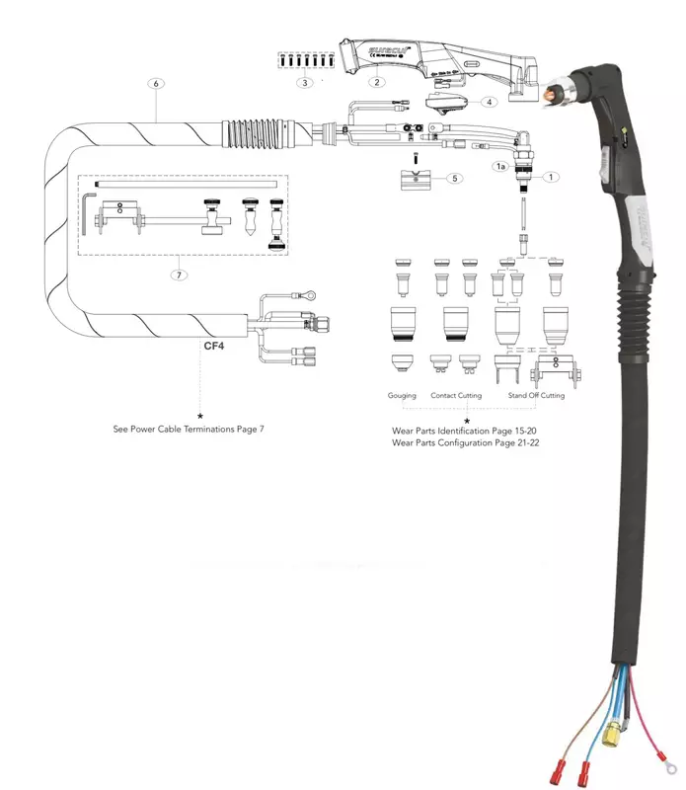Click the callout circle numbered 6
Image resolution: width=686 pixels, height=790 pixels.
[156, 84]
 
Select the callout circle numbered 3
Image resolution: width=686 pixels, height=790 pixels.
[306, 83]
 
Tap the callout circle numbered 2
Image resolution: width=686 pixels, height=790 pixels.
[376, 82]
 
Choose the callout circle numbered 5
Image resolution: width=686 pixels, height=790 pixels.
[453, 178]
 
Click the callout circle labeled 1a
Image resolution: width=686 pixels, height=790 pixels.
[500, 168]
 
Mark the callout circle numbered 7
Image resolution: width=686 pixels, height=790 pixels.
[179, 276]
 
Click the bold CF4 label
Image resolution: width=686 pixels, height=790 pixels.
[215, 347]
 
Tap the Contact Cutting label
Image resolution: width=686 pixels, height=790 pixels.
[456, 395]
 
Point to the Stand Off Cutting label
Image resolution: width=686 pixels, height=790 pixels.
[536, 395]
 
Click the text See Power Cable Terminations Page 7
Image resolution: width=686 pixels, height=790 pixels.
[188, 430]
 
